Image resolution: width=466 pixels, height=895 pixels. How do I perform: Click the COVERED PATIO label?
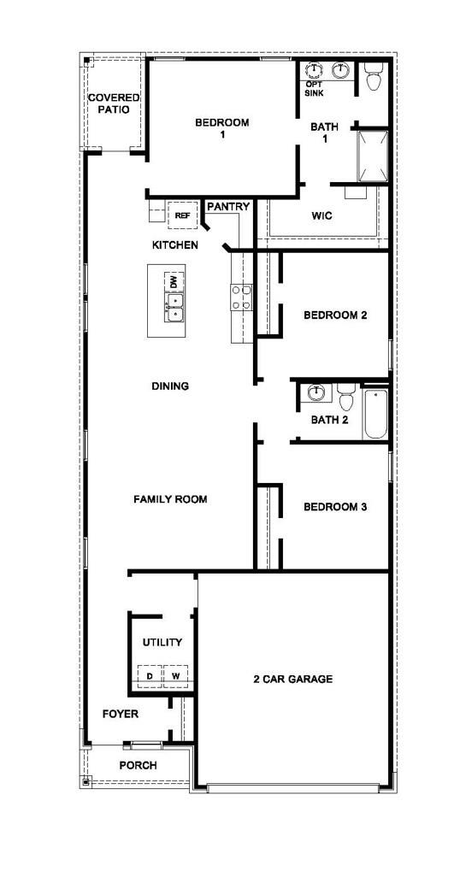pos(114,104)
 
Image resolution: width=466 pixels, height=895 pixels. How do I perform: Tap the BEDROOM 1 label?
pos(222,128)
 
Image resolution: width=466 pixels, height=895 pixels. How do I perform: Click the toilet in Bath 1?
pos(374,79)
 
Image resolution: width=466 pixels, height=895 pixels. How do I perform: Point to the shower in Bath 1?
pos(373,156)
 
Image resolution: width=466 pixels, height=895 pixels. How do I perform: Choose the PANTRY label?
pos(228,207)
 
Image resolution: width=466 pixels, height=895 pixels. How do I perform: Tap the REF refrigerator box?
pos(181,216)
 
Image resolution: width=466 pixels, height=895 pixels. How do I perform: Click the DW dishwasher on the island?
pos(174,281)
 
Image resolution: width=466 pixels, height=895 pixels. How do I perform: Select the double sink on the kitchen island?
pos(174,307)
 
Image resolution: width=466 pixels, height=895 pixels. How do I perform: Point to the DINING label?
pos(170,386)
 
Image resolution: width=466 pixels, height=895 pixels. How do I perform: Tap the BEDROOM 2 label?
pos(335,315)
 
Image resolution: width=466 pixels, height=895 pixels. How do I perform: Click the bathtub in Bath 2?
pos(375,415)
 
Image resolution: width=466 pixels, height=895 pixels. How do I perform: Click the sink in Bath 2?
pos(316,393)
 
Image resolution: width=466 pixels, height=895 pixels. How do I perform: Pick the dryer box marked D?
pos(150,676)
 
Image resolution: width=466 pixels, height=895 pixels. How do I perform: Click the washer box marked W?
pos(175,676)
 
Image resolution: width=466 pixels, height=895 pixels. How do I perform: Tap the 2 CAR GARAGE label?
pos(292,680)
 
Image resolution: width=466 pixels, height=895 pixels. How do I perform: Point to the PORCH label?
pos(138,765)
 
